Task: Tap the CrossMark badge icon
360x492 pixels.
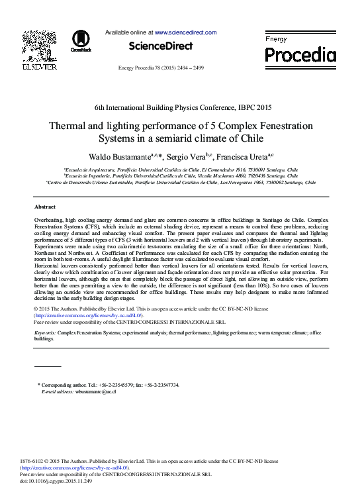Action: [81, 41]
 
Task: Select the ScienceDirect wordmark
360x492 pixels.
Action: [161, 46]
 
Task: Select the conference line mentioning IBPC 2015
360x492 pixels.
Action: [183, 107]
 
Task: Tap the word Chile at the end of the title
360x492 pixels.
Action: [251, 138]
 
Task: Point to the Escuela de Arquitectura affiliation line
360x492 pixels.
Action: [180, 170]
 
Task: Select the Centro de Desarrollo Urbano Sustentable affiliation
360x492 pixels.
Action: [180, 182]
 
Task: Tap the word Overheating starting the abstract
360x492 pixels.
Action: [49, 219]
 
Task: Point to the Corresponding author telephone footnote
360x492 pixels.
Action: [109, 385]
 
